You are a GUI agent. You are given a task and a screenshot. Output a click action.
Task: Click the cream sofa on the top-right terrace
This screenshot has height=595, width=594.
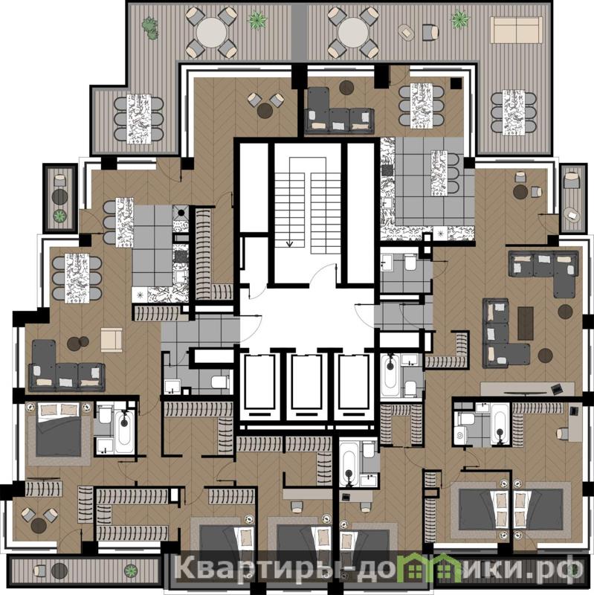(x=516, y=30)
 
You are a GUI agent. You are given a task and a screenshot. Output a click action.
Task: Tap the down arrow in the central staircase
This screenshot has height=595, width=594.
(x=289, y=243)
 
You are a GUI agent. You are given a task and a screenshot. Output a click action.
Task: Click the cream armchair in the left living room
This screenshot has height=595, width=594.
(x=112, y=340)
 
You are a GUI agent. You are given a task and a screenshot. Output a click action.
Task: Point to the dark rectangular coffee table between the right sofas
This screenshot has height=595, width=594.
(x=526, y=324)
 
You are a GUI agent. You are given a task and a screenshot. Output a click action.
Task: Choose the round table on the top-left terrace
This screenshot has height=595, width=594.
(x=212, y=32)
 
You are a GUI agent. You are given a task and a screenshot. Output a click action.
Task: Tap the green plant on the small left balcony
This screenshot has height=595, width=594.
(x=59, y=216)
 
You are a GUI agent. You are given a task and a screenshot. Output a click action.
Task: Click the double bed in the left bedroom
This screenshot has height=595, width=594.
(x=59, y=429)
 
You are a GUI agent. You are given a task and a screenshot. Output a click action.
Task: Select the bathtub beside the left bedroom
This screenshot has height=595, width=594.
(x=124, y=432)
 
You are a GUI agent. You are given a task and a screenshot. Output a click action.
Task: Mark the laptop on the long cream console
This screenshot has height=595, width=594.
(x=556, y=388)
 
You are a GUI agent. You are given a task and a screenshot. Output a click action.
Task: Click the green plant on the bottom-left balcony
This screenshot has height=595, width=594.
(x=131, y=570)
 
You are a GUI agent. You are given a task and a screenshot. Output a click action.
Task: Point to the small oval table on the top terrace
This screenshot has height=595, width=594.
(x=407, y=33)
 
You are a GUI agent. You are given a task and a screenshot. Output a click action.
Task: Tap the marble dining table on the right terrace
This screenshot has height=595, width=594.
(x=514, y=113)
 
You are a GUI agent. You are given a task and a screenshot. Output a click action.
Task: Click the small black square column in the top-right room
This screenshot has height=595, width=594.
(x=456, y=83)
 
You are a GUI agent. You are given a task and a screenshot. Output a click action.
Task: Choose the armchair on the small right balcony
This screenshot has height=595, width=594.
(x=572, y=181)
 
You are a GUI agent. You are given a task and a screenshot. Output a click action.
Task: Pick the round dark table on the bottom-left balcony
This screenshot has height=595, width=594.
(x=59, y=570)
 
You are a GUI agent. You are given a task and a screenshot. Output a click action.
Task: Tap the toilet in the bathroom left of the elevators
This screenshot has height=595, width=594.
(x=220, y=382)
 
